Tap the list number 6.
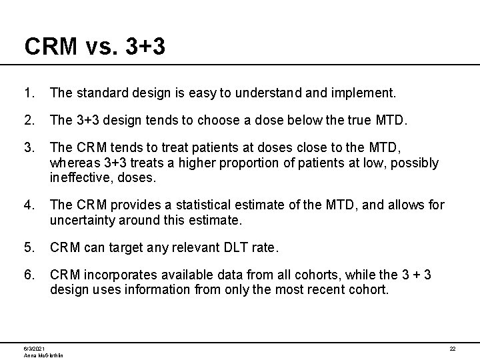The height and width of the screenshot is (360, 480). (28, 274)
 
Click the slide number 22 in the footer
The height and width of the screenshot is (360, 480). (452, 349)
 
